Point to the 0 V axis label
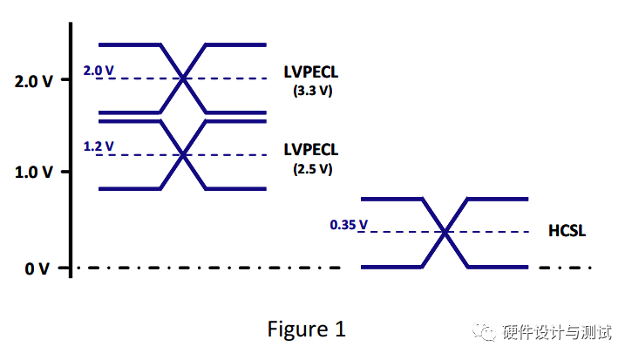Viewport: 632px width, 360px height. [x=37, y=268]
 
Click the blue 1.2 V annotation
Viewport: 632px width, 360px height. [x=98, y=146]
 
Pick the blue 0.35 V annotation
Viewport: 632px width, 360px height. [x=348, y=225]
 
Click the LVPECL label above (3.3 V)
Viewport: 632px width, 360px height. [x=311, y=71]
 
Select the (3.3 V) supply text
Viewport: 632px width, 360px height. [x=312, y=90]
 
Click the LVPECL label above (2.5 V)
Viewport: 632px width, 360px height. [x=311, y=150]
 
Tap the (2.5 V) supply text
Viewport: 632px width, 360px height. [x=312, y=168]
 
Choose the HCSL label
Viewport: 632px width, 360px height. [x=567, y=231]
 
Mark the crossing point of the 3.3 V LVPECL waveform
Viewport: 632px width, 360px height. [x=183, y=78]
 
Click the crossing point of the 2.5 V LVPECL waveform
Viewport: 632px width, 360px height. [x=183, y=155]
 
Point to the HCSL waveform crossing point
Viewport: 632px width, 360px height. [x=445, y=232]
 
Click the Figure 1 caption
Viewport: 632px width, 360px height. [x=305, y=329]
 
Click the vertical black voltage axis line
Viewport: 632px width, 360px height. [x=70, y=148]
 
